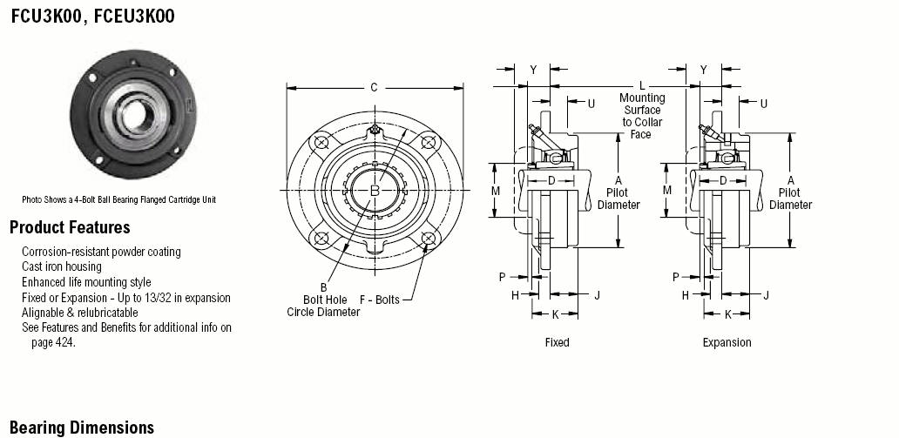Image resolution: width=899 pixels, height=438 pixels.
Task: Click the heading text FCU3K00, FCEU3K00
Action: (93, 16)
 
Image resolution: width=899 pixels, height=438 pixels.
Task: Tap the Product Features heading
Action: (70, 227)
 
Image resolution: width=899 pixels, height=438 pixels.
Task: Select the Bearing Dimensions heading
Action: (82, 428)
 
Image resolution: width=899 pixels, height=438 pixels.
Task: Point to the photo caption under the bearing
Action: (118, 200)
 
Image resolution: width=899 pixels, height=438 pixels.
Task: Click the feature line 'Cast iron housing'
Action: (61, 266)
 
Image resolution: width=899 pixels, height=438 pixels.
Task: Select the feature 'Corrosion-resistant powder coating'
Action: (101, 252)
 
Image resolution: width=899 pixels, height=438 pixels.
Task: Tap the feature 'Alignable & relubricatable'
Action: (79, 313)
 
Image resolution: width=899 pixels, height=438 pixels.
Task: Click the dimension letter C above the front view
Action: (374, 88)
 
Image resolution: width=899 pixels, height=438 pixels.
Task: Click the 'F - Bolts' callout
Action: (379, 300)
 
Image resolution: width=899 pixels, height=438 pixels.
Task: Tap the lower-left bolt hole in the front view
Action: (321, 237)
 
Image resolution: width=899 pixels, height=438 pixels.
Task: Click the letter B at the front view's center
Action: (375, 191)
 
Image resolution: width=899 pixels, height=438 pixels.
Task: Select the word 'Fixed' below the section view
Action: (557, 342)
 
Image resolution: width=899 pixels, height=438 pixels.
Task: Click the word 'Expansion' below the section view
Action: (727, 342)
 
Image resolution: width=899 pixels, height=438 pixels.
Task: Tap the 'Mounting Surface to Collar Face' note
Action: (641, 117)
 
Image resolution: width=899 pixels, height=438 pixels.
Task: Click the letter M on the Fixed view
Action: (496, 191)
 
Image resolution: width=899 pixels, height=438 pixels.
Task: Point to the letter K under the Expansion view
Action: (728, 314)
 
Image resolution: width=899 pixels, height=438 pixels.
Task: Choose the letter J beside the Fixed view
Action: (597, 294)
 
